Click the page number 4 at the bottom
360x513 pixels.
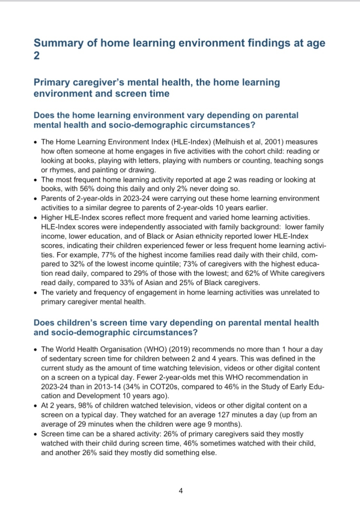click(181, 490)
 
